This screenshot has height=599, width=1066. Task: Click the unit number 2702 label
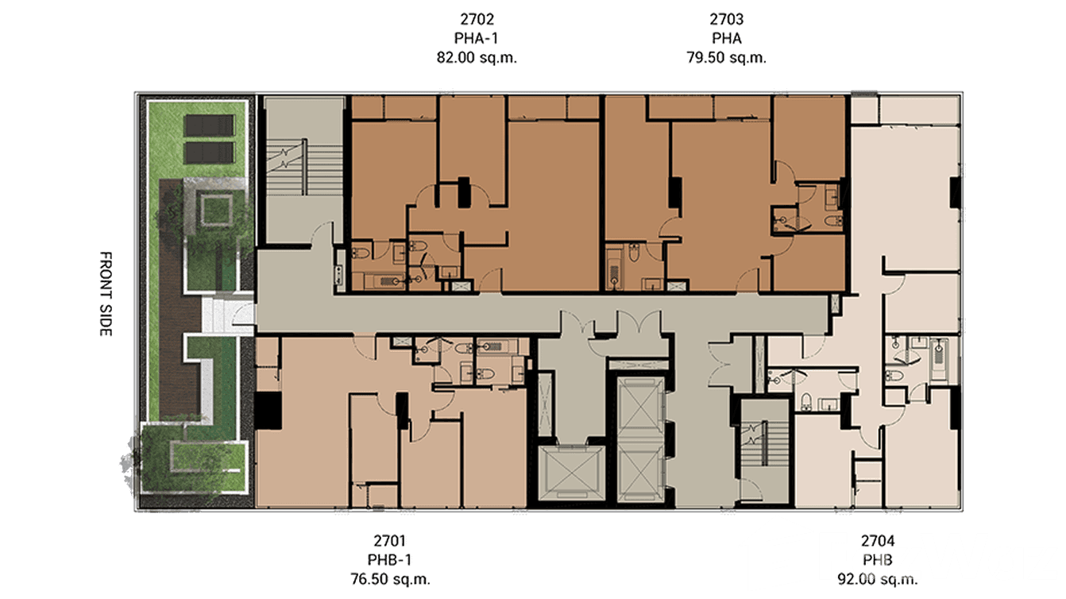477,17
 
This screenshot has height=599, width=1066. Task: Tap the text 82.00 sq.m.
477,57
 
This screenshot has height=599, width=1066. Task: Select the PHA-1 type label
477,37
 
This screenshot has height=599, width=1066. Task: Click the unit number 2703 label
726,17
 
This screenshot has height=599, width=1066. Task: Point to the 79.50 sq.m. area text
726,57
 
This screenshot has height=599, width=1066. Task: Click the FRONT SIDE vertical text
105,294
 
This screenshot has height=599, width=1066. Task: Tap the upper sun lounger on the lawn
209,126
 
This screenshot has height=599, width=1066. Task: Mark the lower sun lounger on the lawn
209,153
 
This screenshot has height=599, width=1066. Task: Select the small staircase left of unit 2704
765,442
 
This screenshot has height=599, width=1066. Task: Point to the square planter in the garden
210,211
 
